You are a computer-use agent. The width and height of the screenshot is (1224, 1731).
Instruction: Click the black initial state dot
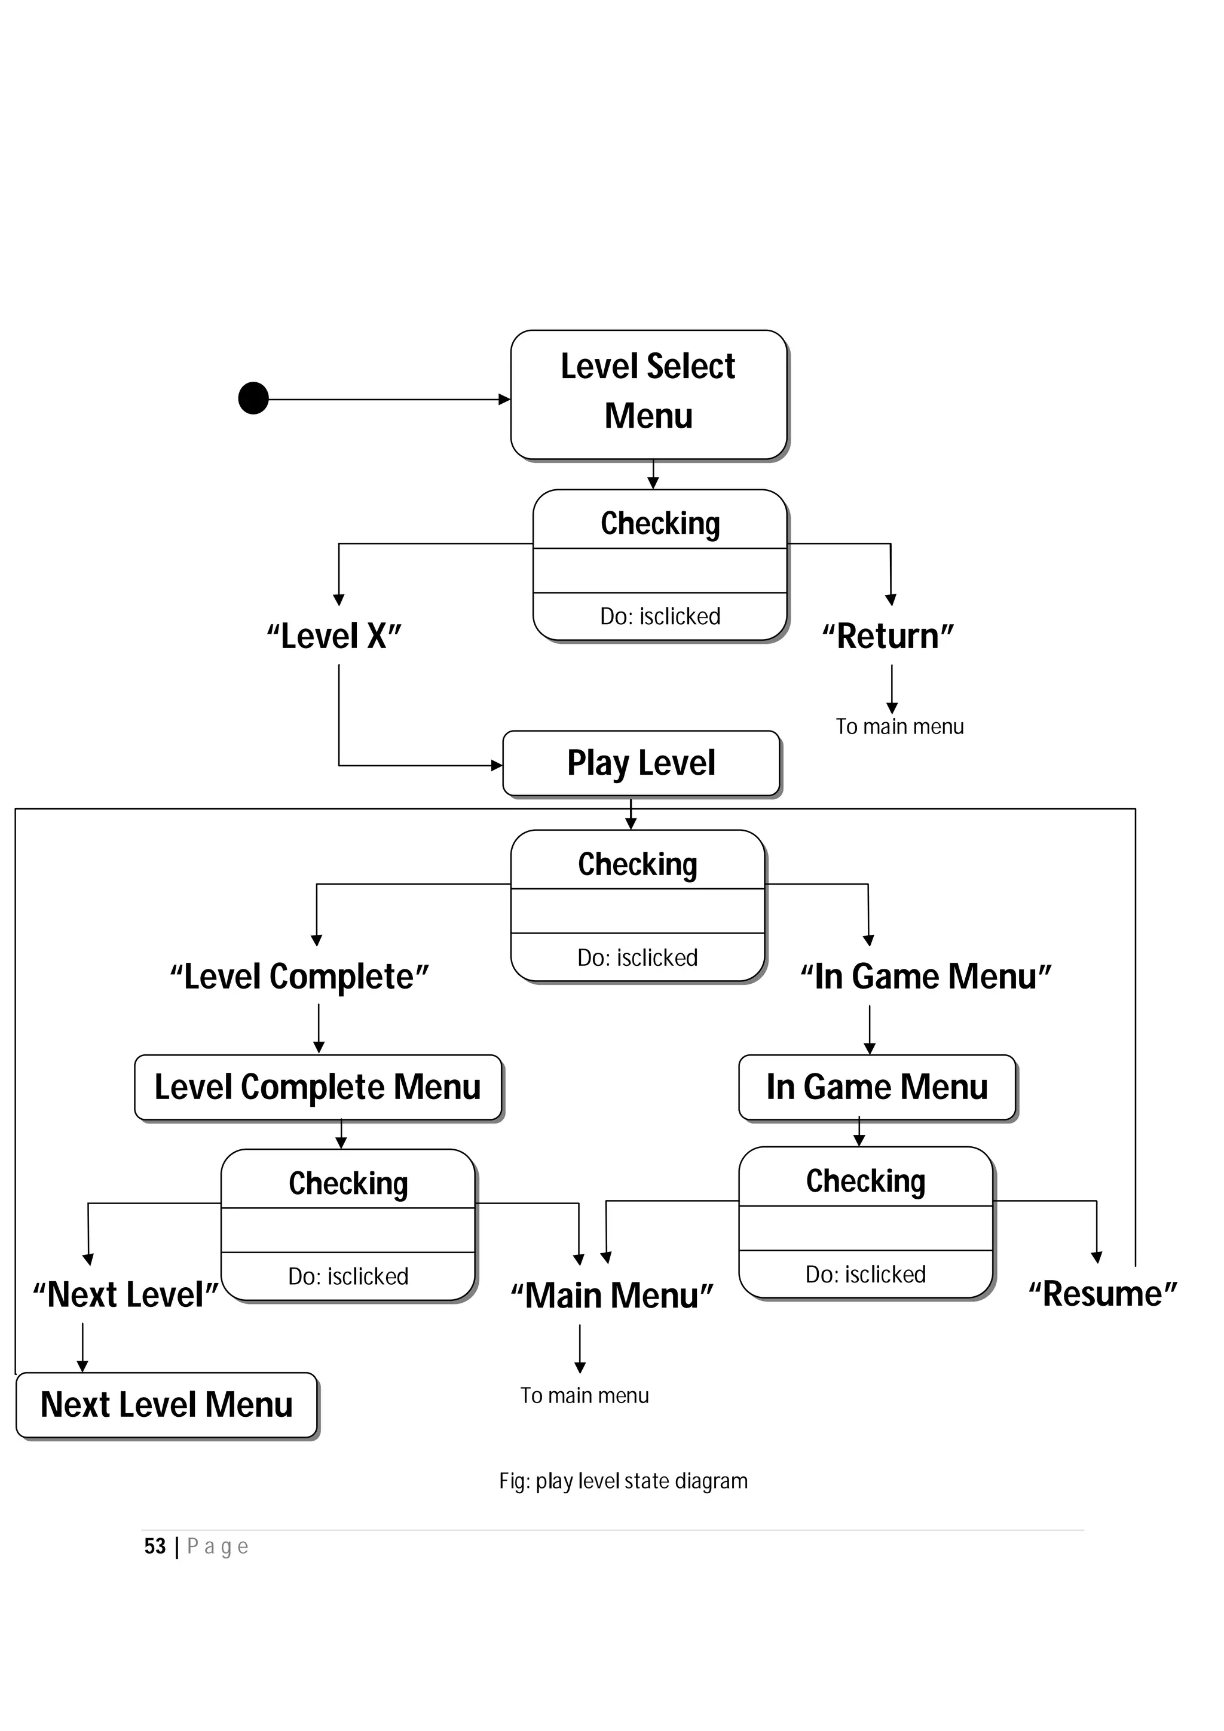(x=253, y=398)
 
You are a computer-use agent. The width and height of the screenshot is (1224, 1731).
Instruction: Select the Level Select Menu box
(x=648, y=394)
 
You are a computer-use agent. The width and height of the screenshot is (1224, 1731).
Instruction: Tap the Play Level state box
(x=641, y=763)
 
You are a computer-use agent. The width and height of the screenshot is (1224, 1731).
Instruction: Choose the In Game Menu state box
(x=877, y=1087)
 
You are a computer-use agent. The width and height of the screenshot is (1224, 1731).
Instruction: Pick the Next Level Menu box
(x=167, y=1404)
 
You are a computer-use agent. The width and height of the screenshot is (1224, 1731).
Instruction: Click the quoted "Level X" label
(x=334, y=636)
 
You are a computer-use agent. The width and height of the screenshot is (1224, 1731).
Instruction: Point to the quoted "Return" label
(x=888, y=636)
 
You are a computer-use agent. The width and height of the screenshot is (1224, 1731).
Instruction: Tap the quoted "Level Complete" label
(x=299, y=977)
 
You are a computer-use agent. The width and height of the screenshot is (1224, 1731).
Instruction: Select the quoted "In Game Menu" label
(x=926, y=977)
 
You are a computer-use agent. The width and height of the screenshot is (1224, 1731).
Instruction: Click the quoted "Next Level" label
(x=125, y=1295)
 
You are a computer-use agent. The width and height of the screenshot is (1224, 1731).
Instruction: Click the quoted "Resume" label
(x=1103, y=1294)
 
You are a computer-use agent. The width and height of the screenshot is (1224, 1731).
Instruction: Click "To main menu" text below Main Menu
(x=585, y=1395)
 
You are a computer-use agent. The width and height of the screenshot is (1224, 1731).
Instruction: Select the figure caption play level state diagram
(x=624, y=1481)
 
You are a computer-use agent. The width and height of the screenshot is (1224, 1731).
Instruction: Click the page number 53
(x=155, y=1547)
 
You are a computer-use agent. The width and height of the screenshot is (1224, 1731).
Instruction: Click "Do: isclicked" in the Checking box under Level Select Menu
(x=660, y=616)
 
